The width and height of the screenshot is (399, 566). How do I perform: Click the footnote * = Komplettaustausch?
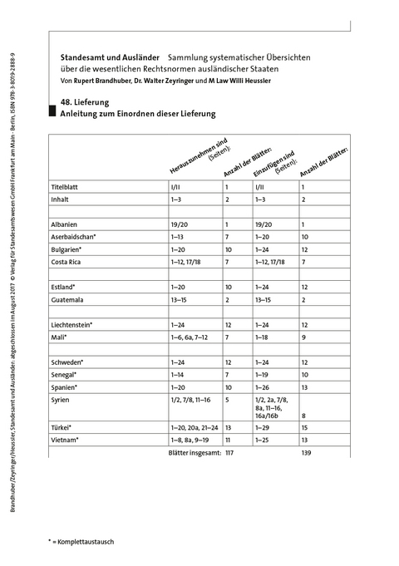81,541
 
